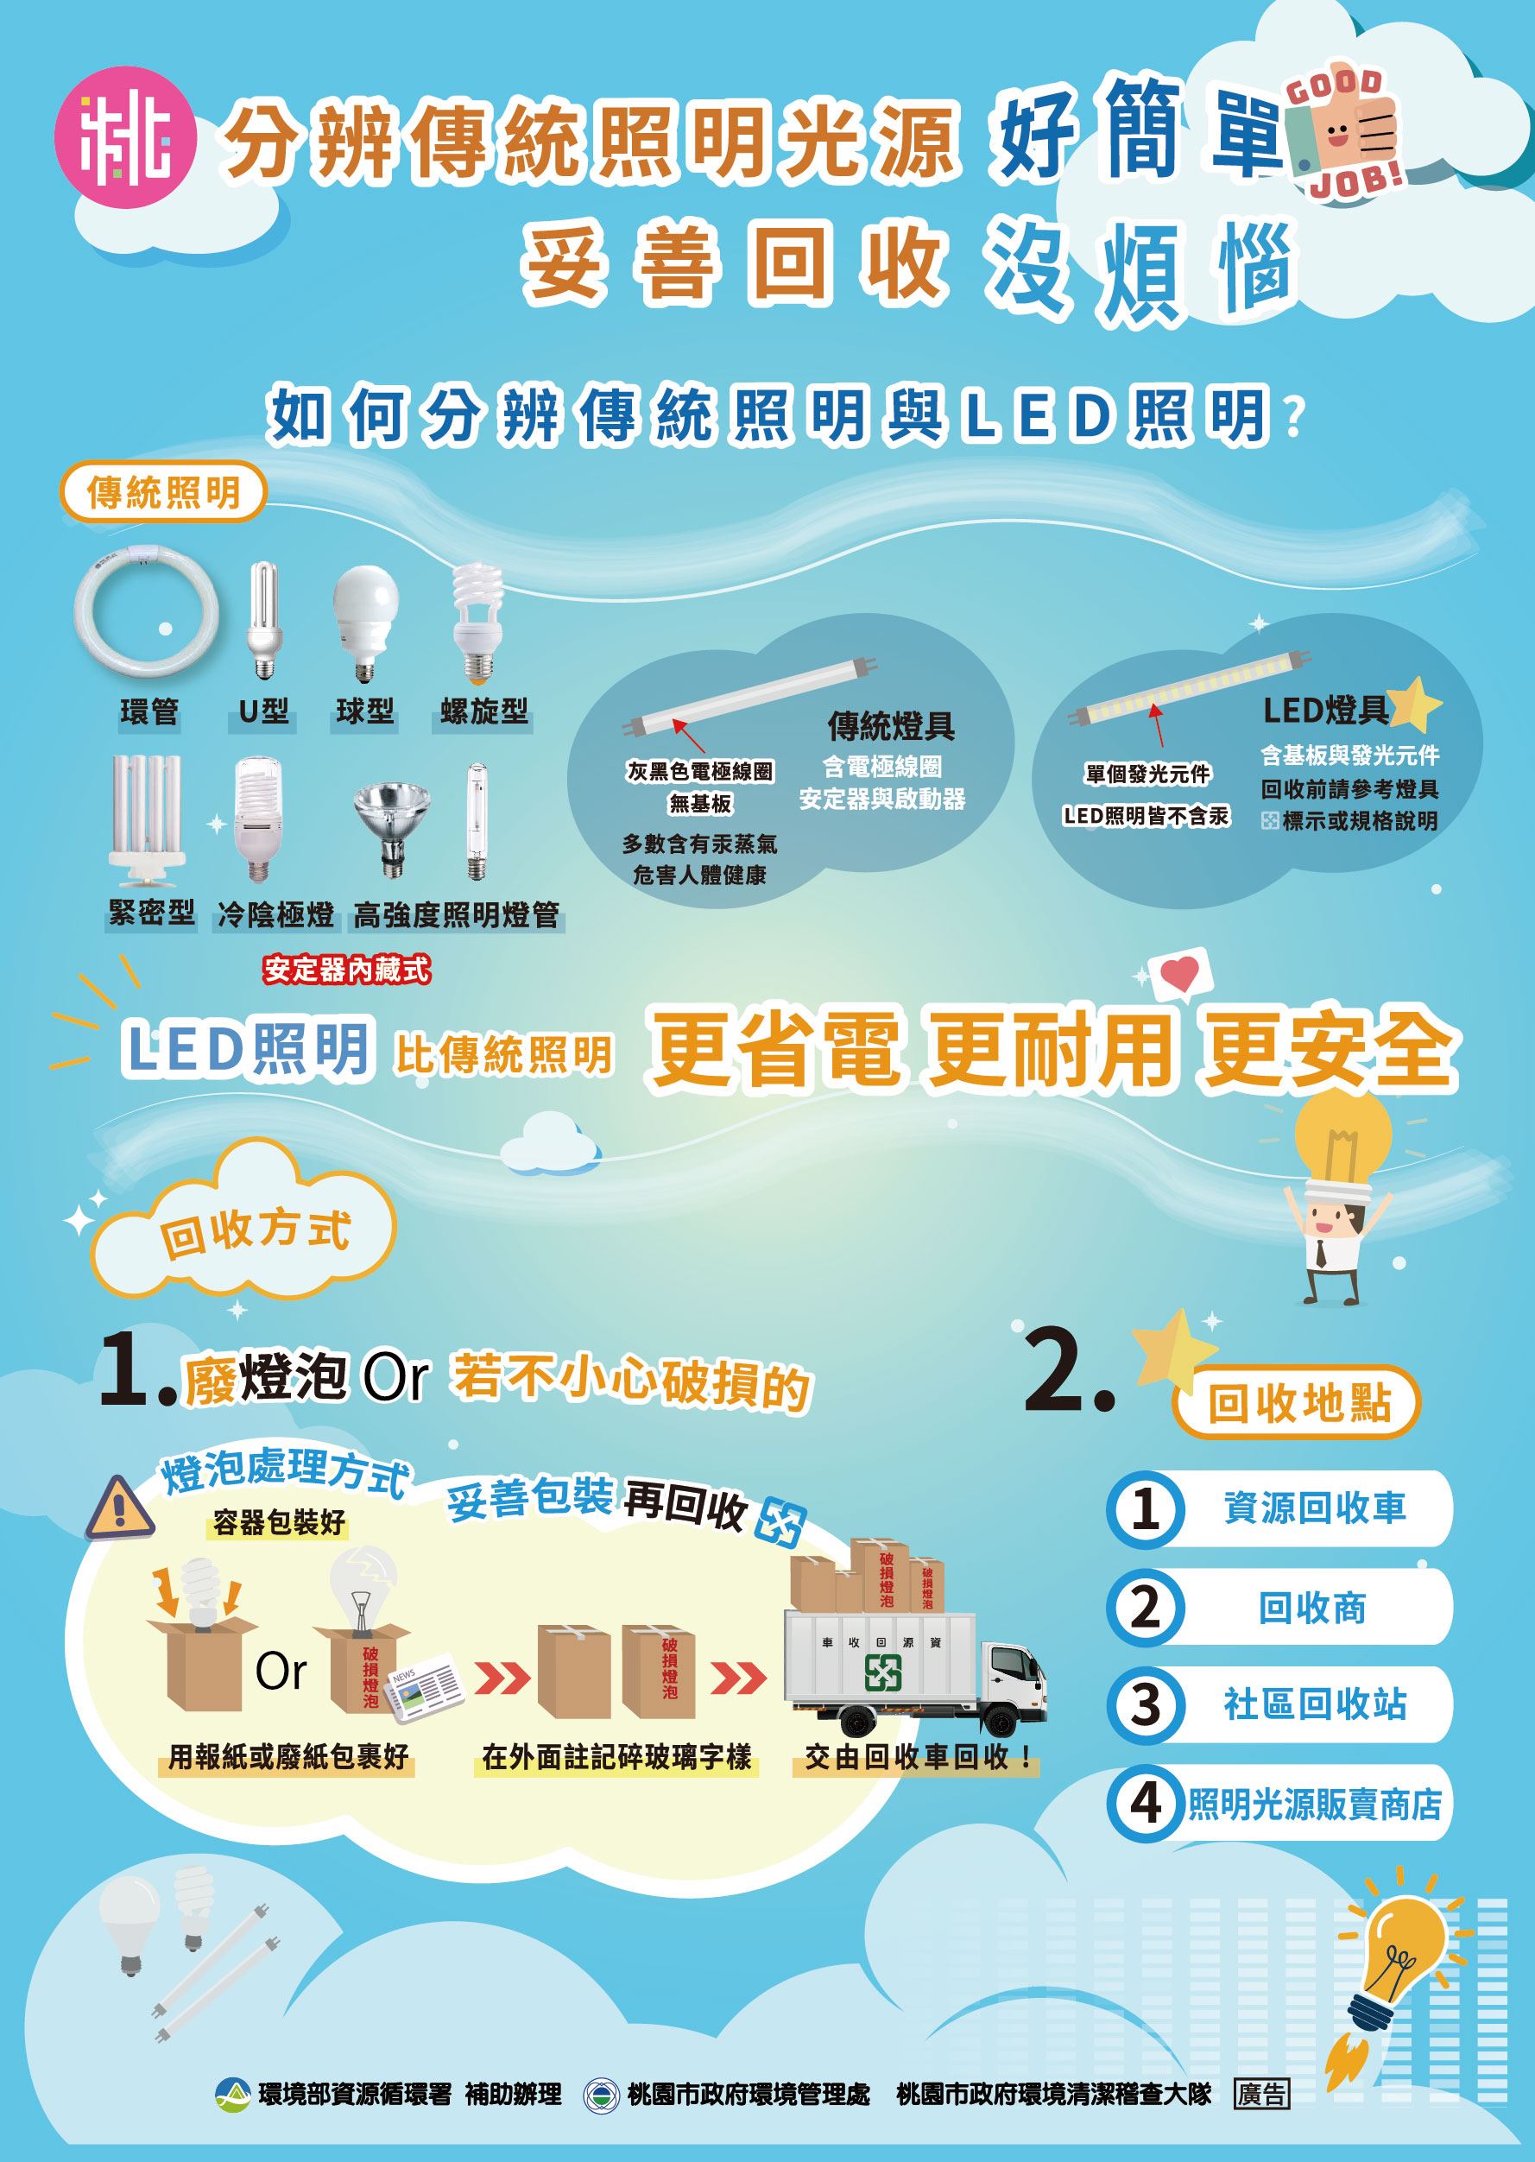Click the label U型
(262, 711)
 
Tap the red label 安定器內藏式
(346, 969)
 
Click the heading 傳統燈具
(891, 726)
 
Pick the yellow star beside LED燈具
(1415, 705)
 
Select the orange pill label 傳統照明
(163, 491)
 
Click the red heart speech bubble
(1178, 973)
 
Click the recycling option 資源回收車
(1314, 1508)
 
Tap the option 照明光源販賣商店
(1314, 1805)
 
